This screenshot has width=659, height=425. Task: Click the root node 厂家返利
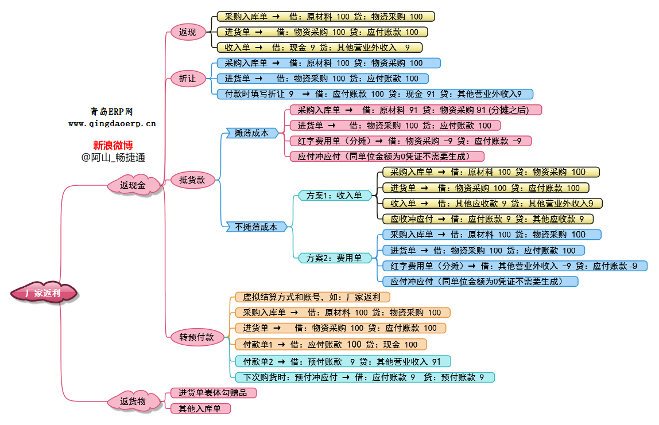click(x=44, y=293)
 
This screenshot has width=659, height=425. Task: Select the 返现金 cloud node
click(x=133, y=185)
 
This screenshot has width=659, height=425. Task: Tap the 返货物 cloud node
click(x=133, y=400)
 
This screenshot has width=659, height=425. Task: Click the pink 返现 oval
click(x=188, y=33)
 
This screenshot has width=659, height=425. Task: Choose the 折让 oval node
click(x=188, y=79)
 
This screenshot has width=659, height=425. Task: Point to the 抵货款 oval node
click(x=192, y=180)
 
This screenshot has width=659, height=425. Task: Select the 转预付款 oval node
click(x=196, y=337)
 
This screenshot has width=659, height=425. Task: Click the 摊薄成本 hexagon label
click(x=251, y=133)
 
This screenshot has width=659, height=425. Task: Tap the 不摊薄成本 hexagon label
click(x=256, y=227)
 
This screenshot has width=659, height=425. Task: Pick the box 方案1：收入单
click(x=334, y=196)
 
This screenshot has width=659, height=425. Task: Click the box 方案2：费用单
click(x=334, y=258)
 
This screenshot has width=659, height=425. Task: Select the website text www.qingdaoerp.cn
click(x=112, y=123)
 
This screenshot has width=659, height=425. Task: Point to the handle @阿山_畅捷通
click(x=113, y=157)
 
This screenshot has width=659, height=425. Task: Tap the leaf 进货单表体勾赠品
click(x=213, y=393)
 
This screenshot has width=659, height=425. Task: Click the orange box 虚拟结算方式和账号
click(x=312, y=297)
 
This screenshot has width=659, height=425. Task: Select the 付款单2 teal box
click(x=343, y=361)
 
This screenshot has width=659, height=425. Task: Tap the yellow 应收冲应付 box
click(x=488, y=219)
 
